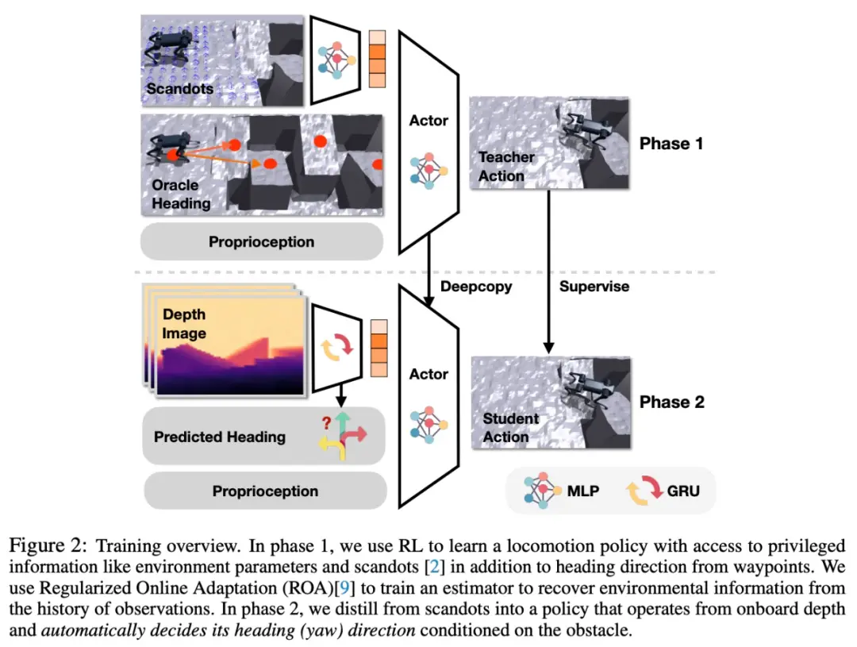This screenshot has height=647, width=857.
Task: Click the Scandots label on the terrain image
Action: click(179, 88)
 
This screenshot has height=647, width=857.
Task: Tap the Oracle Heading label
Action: click(181, 194)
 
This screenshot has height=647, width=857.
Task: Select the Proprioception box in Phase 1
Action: click(262, 241)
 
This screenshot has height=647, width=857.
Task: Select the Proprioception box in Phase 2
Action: click(265, 491)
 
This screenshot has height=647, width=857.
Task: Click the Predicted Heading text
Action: click(220, 437)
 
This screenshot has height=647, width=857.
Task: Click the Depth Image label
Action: click(184, 325)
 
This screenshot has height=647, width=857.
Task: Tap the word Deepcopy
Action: click(475, 286)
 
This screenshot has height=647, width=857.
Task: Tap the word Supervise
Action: click(594, 286)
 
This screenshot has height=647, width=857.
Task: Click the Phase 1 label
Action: click(671, 144)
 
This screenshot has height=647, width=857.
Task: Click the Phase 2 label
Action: click(671, 402)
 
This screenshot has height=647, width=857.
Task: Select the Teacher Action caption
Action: click(506, 167)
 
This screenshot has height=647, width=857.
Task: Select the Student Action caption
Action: click(510, 427)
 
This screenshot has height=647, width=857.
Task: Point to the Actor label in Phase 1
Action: click(428, 121)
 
